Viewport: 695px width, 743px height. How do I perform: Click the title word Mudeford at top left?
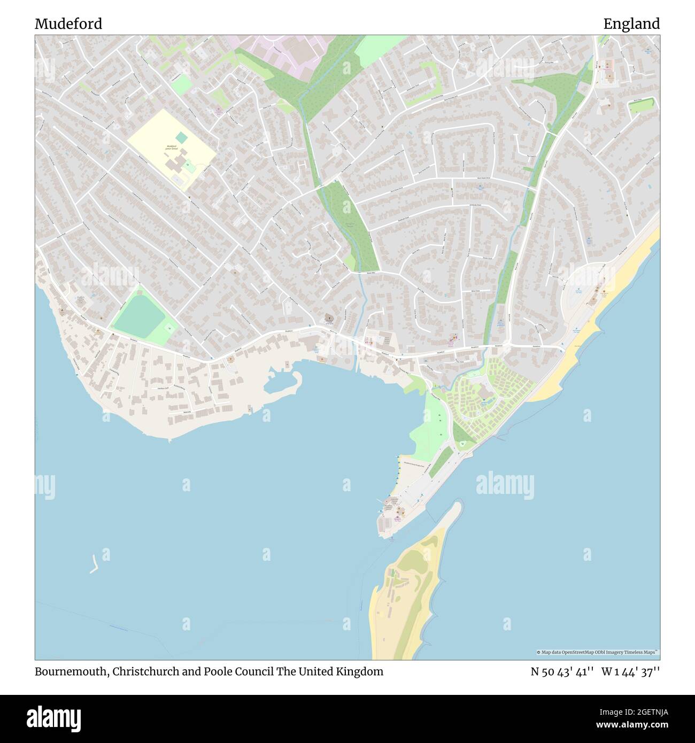tap(68, 24)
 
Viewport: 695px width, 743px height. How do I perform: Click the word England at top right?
tap(631, 24)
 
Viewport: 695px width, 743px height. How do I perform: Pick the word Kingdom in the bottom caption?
tap(360, 672)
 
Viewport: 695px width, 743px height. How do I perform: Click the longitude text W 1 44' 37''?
tap(630, 672)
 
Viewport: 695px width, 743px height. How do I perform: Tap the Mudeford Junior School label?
tap(172, 148)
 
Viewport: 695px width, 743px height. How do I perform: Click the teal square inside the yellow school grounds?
tap(182, 138)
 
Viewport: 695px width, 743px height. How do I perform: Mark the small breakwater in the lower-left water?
tap(94, 564)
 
